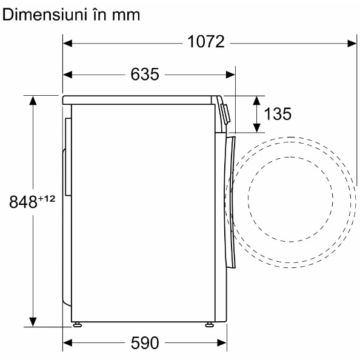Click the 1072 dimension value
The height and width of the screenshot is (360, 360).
pos(206,42)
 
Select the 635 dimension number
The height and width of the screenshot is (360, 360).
pos(145,75)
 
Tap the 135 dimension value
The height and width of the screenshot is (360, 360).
pos(278,114)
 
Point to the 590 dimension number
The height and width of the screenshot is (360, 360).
pos(145,343)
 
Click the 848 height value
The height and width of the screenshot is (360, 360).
pos(23,202)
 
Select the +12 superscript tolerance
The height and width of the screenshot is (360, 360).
pos(47,199)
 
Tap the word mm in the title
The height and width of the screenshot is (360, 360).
pos(126,16)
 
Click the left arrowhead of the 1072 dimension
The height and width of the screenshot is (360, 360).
pos(67,43)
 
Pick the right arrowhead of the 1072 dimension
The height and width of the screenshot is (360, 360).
pos(352,43)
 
